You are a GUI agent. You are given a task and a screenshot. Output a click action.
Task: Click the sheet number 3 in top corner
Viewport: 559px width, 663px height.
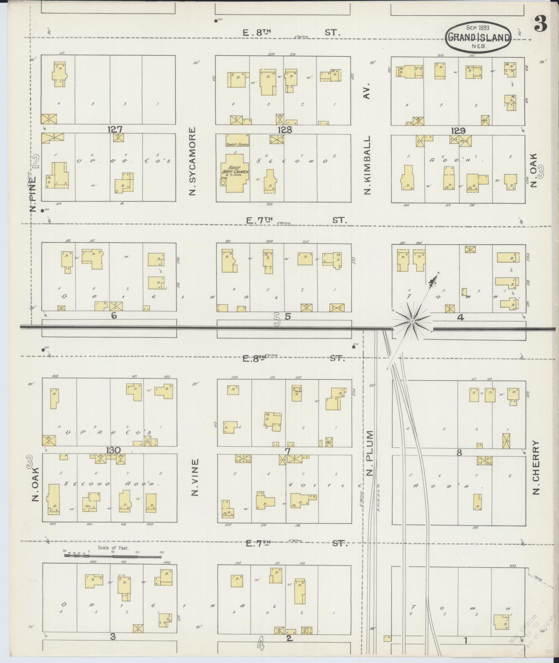coord(541,24)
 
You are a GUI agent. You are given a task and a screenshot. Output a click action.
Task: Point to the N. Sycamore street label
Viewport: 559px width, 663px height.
coord(193,161)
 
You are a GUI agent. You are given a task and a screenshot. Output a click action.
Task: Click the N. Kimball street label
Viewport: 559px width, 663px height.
coord(368,165)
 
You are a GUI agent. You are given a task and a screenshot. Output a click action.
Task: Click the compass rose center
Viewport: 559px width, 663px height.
coord(412,321)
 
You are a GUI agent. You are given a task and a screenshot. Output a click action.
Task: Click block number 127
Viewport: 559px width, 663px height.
coord(115,130)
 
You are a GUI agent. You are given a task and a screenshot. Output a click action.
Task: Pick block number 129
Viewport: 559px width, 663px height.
coord(458,131)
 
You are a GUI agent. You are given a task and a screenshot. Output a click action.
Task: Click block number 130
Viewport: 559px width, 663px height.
coord(113,450)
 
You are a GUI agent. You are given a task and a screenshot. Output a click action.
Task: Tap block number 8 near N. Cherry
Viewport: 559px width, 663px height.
coord(459,452)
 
